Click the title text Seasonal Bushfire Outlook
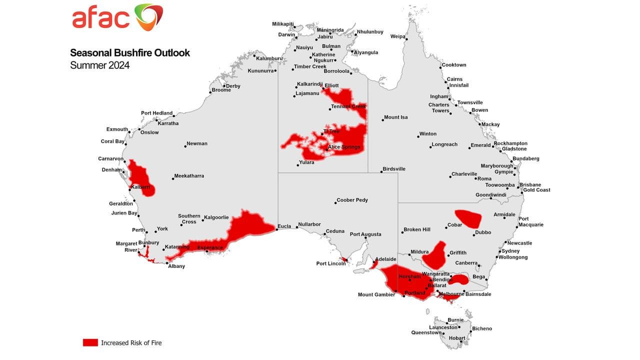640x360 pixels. (x=130, y=52)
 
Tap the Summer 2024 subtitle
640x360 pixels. (x=99, y=65)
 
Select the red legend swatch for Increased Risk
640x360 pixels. (x=90, y=342)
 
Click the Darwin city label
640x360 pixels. (x=287, y=35)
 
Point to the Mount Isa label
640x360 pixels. (x=395, y=117)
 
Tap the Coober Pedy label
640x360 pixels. (x=352, y=200)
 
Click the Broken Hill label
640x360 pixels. (x=416, y=229)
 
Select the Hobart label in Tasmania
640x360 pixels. (x=456, y=338)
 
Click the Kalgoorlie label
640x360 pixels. (x=216, y=217)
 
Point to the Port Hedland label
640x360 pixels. (x=156, y=113)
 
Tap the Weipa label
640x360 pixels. (x=397, y=36)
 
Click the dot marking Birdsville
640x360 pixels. (x=381, y=172)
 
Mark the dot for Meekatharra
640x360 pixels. (x=171, y=178)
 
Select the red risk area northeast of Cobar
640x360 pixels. (x=469, y=217)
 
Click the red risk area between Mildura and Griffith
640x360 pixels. (x=434, y=255)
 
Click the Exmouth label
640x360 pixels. (x=117, y=129)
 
